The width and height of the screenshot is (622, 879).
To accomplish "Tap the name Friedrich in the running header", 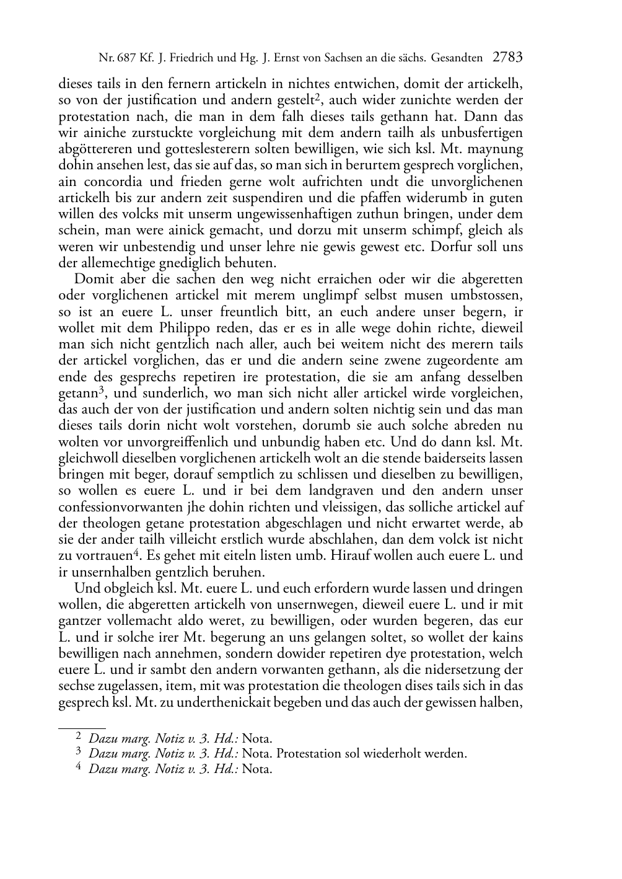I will click(x=190, y=58).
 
